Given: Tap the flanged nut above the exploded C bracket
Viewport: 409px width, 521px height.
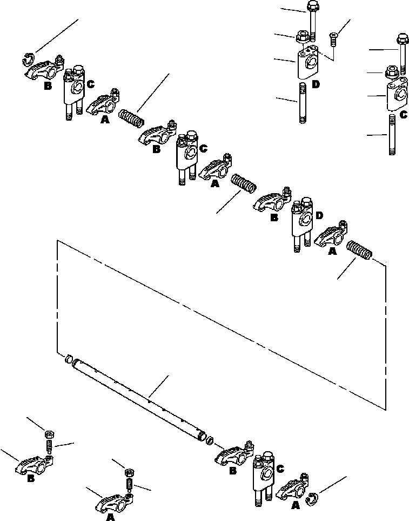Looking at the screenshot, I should (x=392, y=71).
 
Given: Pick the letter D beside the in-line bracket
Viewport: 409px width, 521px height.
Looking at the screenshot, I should (x=319, y=216).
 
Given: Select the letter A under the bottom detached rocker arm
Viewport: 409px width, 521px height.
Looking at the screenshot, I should (x=110, y=518).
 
